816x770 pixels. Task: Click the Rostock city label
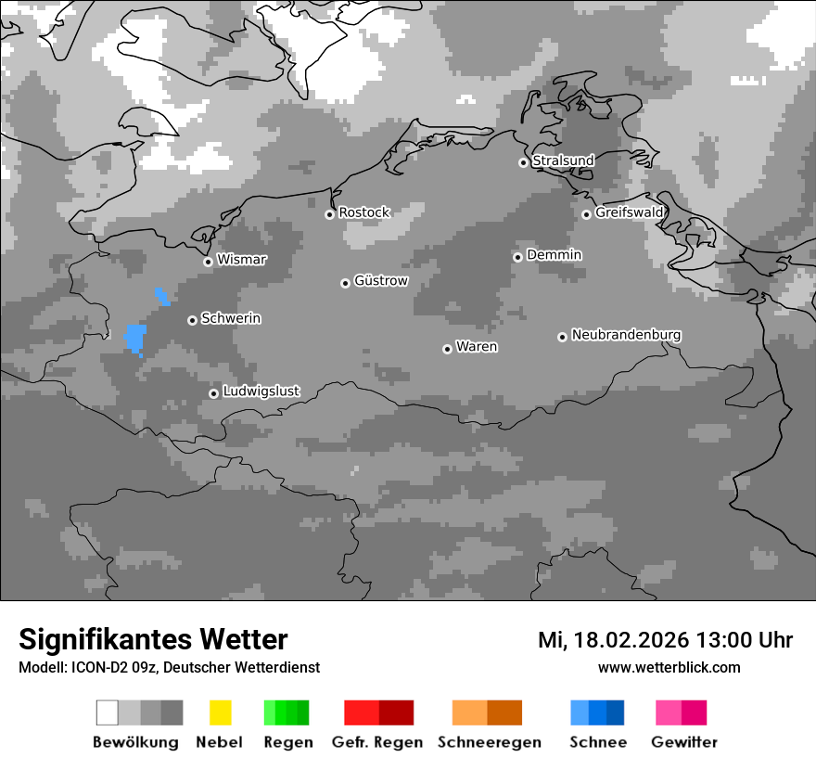363,212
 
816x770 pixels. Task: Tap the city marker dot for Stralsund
523,162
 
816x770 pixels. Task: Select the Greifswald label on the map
629,212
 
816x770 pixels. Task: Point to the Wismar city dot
208,262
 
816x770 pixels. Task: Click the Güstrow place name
380,280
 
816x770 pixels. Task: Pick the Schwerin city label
231,318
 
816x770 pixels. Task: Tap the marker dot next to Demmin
517,257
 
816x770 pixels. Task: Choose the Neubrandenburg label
626,334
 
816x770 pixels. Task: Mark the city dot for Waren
447,349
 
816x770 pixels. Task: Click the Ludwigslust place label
261,391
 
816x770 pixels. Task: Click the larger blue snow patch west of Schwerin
135,338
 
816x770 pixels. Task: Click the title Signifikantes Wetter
153,639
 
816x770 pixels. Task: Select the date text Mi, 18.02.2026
612,640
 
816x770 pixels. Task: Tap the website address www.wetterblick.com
669,667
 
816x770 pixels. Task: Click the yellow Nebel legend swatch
220,712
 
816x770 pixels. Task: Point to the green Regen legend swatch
286,712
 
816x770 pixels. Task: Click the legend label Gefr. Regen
376,742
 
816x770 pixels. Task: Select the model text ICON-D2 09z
112,667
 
